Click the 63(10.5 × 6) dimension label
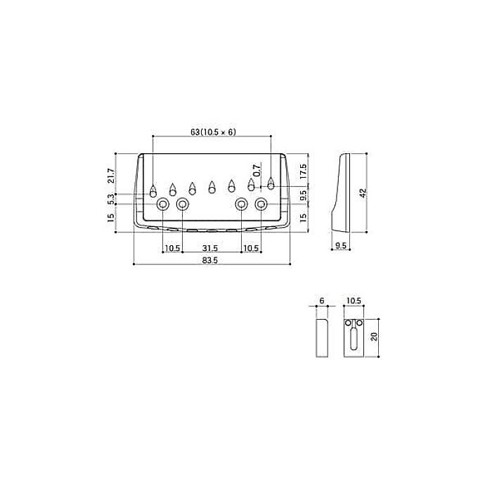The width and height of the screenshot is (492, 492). click(x=213, y=132)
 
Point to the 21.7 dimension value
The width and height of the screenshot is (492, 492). click(x=111, y=176)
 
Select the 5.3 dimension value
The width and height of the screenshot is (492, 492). click(x=111, y=199)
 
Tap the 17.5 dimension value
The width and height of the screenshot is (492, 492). click(x=303, y=171)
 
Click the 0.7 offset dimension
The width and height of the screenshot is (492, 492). click(x=257, y=170)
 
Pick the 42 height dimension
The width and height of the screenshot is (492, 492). click(x=363, y=193)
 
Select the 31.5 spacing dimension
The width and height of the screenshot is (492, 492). click(x=210, y=248)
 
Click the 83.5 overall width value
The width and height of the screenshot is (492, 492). click(x=210, y=260)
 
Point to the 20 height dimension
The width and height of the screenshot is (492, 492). click(x=374, y=337)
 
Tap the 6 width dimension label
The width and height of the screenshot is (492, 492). click(x=322, y=301)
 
